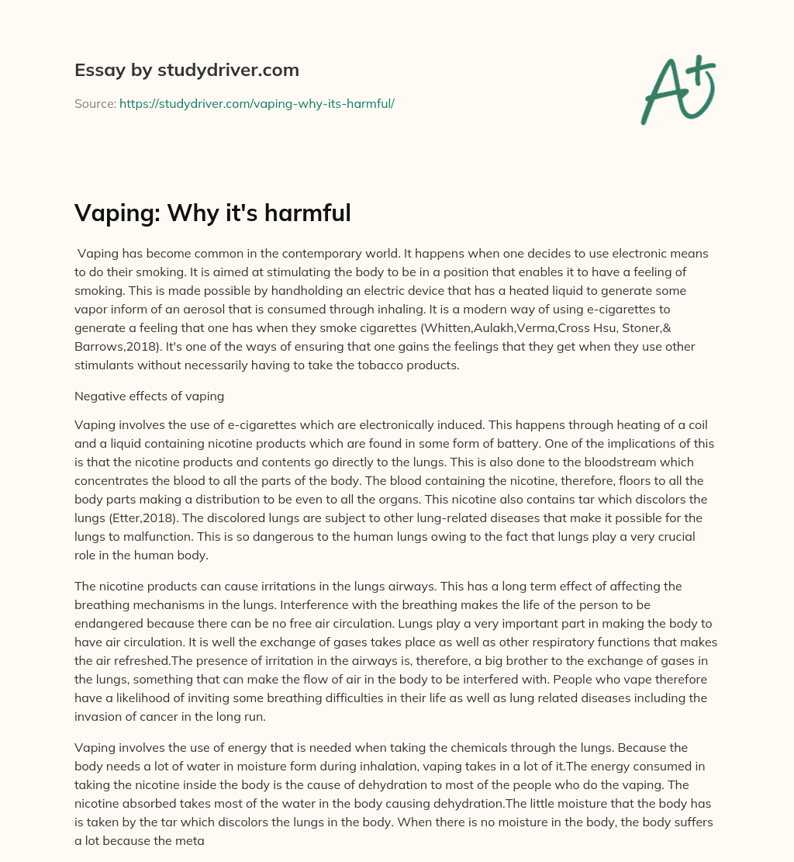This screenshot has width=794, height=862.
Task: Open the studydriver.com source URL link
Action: pyautogui.click(x=257, y=102)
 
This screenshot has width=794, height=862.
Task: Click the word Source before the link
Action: pyautogui.click(x=95, y=102)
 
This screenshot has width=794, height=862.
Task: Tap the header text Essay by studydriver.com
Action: pyautogui.click(x=186, y=70)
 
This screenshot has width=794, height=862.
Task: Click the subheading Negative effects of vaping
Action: pyautogui.click(x=149, y=396)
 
